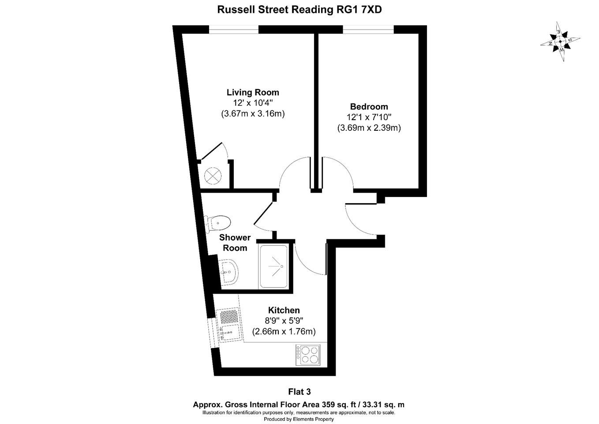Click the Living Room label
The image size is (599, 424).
pos(253,92)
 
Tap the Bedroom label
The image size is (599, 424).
pos(369,106)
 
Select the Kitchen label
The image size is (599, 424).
pos(284,310)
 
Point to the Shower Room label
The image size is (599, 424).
pos(235,242)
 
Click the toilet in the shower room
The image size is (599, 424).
pos(217,223)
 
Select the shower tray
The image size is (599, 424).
pos(273,266)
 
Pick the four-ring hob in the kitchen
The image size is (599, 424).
pos(308,355)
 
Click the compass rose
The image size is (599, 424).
pos(560,42)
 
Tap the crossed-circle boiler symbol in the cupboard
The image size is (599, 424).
pos(213,176)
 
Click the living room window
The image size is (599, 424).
pos(234,30)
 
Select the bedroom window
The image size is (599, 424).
pos(368,30)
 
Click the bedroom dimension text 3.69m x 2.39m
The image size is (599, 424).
pos(369,128)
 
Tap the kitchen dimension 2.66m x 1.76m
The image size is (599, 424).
pos(284,332)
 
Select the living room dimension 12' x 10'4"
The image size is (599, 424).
pos(253,103)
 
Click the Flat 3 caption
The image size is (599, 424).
pos(299,392)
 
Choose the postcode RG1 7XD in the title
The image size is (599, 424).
pos(358,9)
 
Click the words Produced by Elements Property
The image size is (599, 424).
pos(299,419)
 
